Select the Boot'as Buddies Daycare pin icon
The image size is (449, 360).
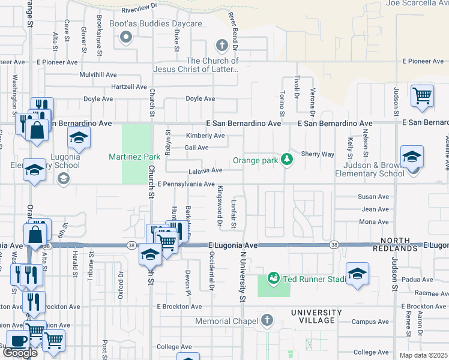(126, 38)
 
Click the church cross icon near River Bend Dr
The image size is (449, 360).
(221, 45)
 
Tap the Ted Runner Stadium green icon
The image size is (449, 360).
(274, 278)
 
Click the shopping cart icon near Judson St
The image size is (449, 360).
(423, 95)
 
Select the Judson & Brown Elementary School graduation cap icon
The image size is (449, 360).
(412, 157)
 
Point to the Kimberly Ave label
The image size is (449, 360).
(205, 136)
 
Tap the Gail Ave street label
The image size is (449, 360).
(196, 148)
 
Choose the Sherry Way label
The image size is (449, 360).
(318, 154)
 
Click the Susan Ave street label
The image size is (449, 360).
(373, 197)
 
